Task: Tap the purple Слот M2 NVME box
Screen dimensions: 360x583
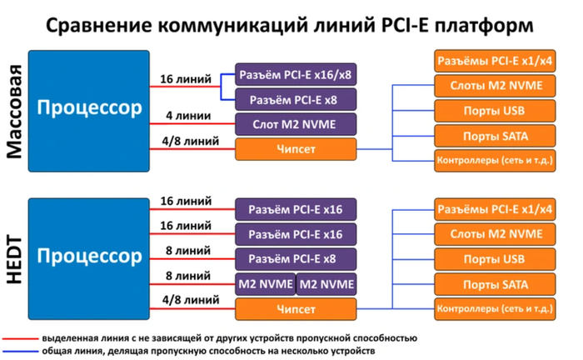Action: (295, 125)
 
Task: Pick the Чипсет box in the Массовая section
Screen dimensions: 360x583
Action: (295, 149)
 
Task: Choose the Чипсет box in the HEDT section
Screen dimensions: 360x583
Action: (295, 310)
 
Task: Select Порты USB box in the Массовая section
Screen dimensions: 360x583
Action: (493, 111)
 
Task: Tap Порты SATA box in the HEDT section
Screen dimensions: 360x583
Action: (493, 285)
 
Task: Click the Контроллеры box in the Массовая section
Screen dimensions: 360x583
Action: (493, 159)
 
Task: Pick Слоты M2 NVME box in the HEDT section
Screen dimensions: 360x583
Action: (493, 234)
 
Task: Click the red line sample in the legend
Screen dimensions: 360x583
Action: (17, 340)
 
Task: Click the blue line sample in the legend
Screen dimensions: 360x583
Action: (17, 352)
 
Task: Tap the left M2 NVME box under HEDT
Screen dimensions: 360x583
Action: (266, 283)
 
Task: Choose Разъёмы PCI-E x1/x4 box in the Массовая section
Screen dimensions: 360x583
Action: (493, 61)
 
